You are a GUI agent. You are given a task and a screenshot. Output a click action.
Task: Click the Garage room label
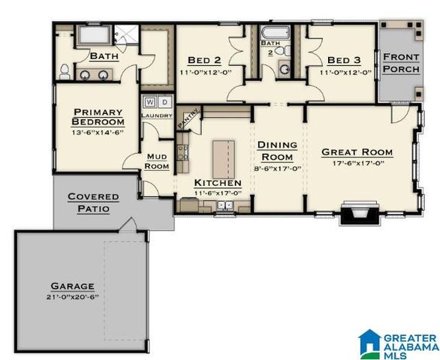72,286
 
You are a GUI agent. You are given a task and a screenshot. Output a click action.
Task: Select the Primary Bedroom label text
98,117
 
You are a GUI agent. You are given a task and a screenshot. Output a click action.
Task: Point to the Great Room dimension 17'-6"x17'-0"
357,162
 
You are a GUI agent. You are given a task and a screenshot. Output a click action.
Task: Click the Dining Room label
277,151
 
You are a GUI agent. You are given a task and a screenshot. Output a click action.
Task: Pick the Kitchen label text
218,183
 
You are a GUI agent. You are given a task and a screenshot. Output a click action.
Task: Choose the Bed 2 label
205,59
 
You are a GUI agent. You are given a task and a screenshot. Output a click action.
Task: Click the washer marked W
150,100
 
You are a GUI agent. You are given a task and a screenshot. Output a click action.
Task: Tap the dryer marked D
164,100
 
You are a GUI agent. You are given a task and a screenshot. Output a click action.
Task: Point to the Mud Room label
157,161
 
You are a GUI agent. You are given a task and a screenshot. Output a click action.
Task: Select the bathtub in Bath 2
271,34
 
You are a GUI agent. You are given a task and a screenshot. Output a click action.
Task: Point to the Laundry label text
157,115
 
